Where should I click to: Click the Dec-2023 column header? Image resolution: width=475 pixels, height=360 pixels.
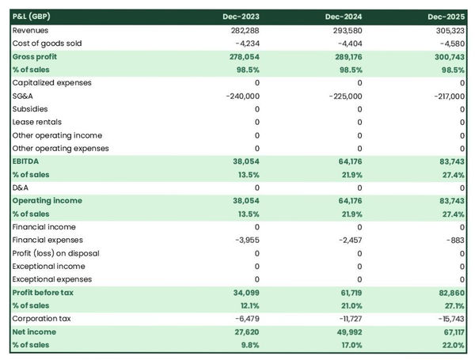tap(241, 17)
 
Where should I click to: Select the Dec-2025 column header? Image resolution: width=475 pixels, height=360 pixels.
tap(446, 17)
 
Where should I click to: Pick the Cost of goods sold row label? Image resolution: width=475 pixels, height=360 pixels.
tap(47, 44)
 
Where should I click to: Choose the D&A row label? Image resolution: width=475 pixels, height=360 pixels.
tap(22, 188)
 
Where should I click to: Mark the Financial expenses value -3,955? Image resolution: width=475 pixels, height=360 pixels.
tap(245, 240)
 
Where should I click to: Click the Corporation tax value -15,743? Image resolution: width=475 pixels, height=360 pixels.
tap(448, 318)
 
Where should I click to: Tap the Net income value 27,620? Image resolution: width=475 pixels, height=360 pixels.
tap(244, 332)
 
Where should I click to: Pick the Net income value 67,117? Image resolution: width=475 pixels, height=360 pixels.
tap(449, 332)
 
